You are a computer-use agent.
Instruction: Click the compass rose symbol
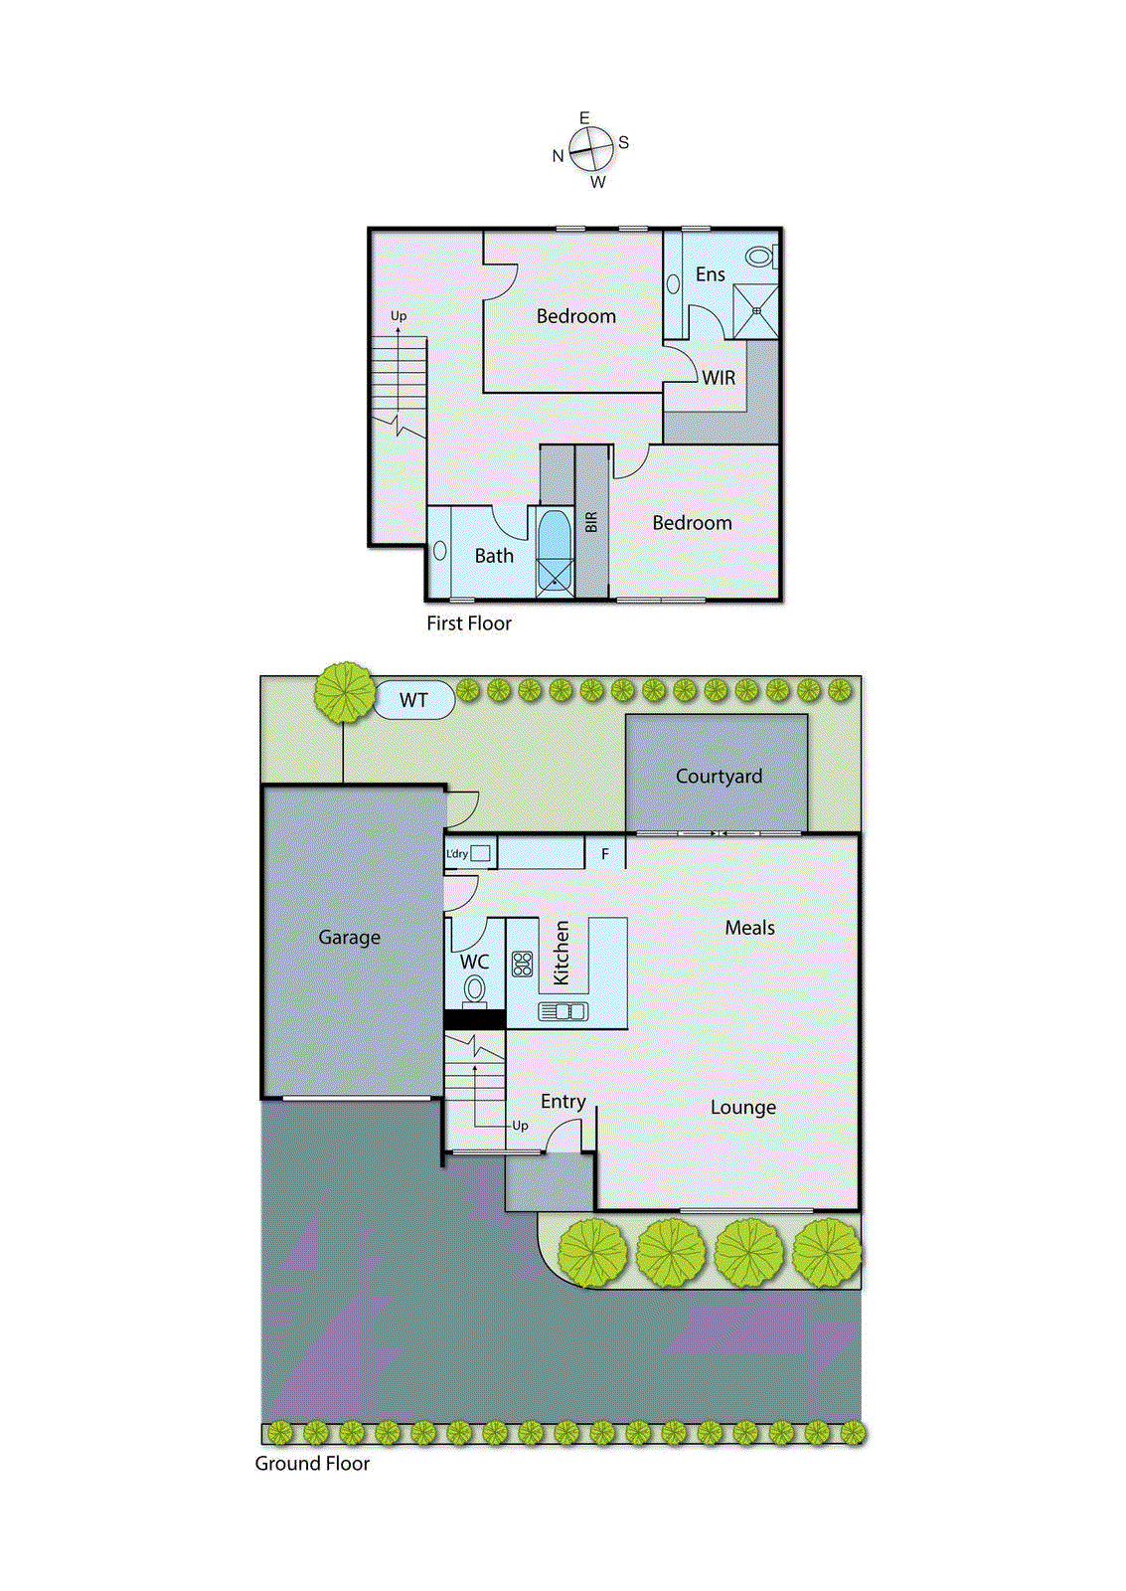(591, 150)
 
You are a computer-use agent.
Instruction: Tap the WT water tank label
(413, 700)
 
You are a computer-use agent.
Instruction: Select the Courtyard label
(719, 777)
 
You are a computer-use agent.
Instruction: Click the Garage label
(349, 937)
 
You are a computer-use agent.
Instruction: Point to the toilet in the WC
(475, 989)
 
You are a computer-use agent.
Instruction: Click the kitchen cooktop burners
(523, 964)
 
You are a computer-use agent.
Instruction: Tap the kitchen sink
(563, 1011)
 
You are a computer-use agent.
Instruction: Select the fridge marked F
(604, 854)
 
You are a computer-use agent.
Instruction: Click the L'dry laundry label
(457, 854)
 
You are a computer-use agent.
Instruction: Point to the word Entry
(563, 1102)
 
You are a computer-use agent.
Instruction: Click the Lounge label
(742, 1108)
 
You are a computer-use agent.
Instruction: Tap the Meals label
(749, 928)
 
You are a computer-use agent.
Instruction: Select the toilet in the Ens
(760, 257)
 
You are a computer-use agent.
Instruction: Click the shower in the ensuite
(755, 310)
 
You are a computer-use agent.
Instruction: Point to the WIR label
(719, 378)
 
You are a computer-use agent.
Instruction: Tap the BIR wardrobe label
(591, 522)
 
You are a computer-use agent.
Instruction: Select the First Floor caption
(469, 623)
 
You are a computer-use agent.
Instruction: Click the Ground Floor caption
(312, 1464)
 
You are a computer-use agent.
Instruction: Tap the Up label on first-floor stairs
(399, 316)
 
